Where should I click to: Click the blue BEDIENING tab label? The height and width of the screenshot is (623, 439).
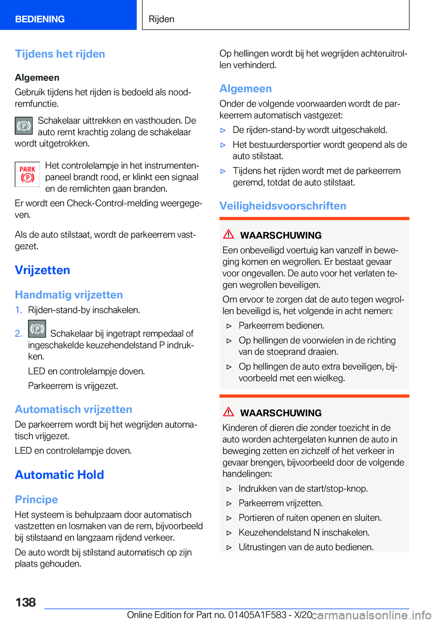[x=40, y=19]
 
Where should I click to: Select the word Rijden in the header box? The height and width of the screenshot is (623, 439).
[x=161, y=19]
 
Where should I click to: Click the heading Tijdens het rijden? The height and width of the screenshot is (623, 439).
[x=60, y=54]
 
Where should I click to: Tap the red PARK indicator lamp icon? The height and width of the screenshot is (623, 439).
[x=27, y=174]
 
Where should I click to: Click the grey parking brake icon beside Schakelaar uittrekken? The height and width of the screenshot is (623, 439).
[x=24, y=126]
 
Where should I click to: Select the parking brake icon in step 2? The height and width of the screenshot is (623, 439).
[x=37, y=329]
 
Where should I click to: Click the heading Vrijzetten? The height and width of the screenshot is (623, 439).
[x=43, y=270]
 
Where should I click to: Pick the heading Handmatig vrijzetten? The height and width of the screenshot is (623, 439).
[x=69, y=295]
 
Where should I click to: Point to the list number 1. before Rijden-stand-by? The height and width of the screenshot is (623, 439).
[x=18, y=310]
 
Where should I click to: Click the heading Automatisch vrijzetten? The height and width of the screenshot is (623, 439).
[x=73, y=409]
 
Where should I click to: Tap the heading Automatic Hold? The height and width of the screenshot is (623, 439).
[x=59, y=475]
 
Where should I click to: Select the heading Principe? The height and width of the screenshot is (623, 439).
[x=36, y=499]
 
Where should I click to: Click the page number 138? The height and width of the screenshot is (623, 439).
[x=26, y=602]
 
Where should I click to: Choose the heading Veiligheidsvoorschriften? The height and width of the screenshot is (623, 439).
[x=283, y=206]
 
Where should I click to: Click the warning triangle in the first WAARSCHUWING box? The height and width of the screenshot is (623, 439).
[x=229, y=235]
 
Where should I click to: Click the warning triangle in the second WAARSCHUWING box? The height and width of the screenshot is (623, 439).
[x=229, y=412]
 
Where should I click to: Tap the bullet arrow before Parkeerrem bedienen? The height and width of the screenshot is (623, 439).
[x=230, y=326]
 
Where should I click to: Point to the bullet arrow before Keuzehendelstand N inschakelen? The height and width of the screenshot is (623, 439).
[x=230, y=533]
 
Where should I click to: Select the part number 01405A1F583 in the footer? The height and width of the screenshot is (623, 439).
[x=257, y=615]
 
